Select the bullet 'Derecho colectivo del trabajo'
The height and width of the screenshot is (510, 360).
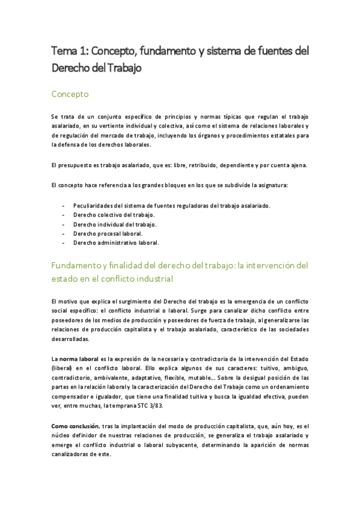(x=114, y=215)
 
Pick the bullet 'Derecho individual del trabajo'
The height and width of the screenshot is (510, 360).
(x=115, y=224)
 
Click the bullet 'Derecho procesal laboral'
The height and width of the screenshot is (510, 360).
(x=108, y=233)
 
